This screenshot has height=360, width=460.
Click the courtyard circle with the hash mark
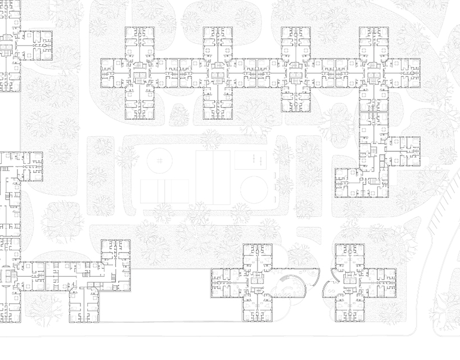(x=159, y=159)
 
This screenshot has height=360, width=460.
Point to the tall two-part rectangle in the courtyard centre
(x=213, y=177)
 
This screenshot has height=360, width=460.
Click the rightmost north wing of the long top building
(x=373, y=42)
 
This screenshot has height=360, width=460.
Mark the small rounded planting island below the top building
(x=179, y=115)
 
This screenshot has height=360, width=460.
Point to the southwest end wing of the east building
(x=349, y=182)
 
